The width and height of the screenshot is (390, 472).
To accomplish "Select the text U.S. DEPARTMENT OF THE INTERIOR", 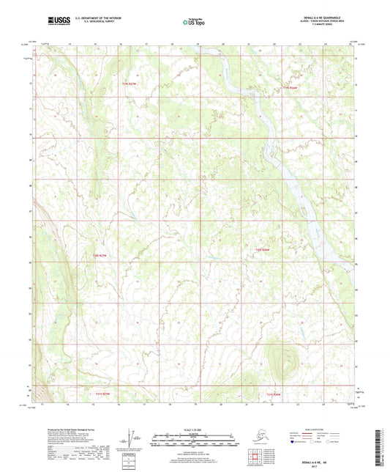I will [x=91, y=18].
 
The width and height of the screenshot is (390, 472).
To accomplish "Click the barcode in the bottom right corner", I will [x=381, y=447].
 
